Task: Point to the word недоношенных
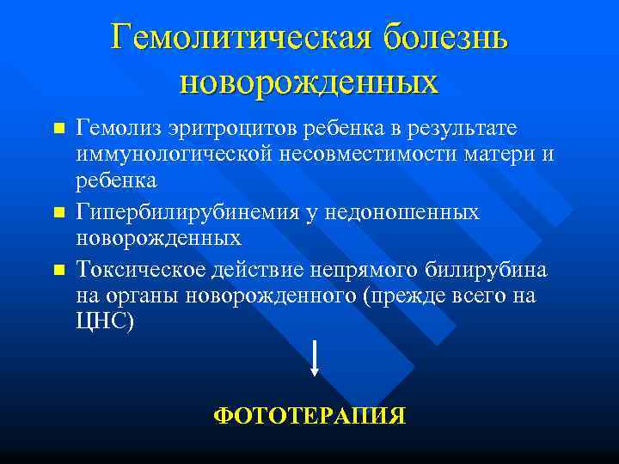[410, 211]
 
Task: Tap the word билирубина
[486, 269]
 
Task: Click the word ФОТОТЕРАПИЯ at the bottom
[309, 417]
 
